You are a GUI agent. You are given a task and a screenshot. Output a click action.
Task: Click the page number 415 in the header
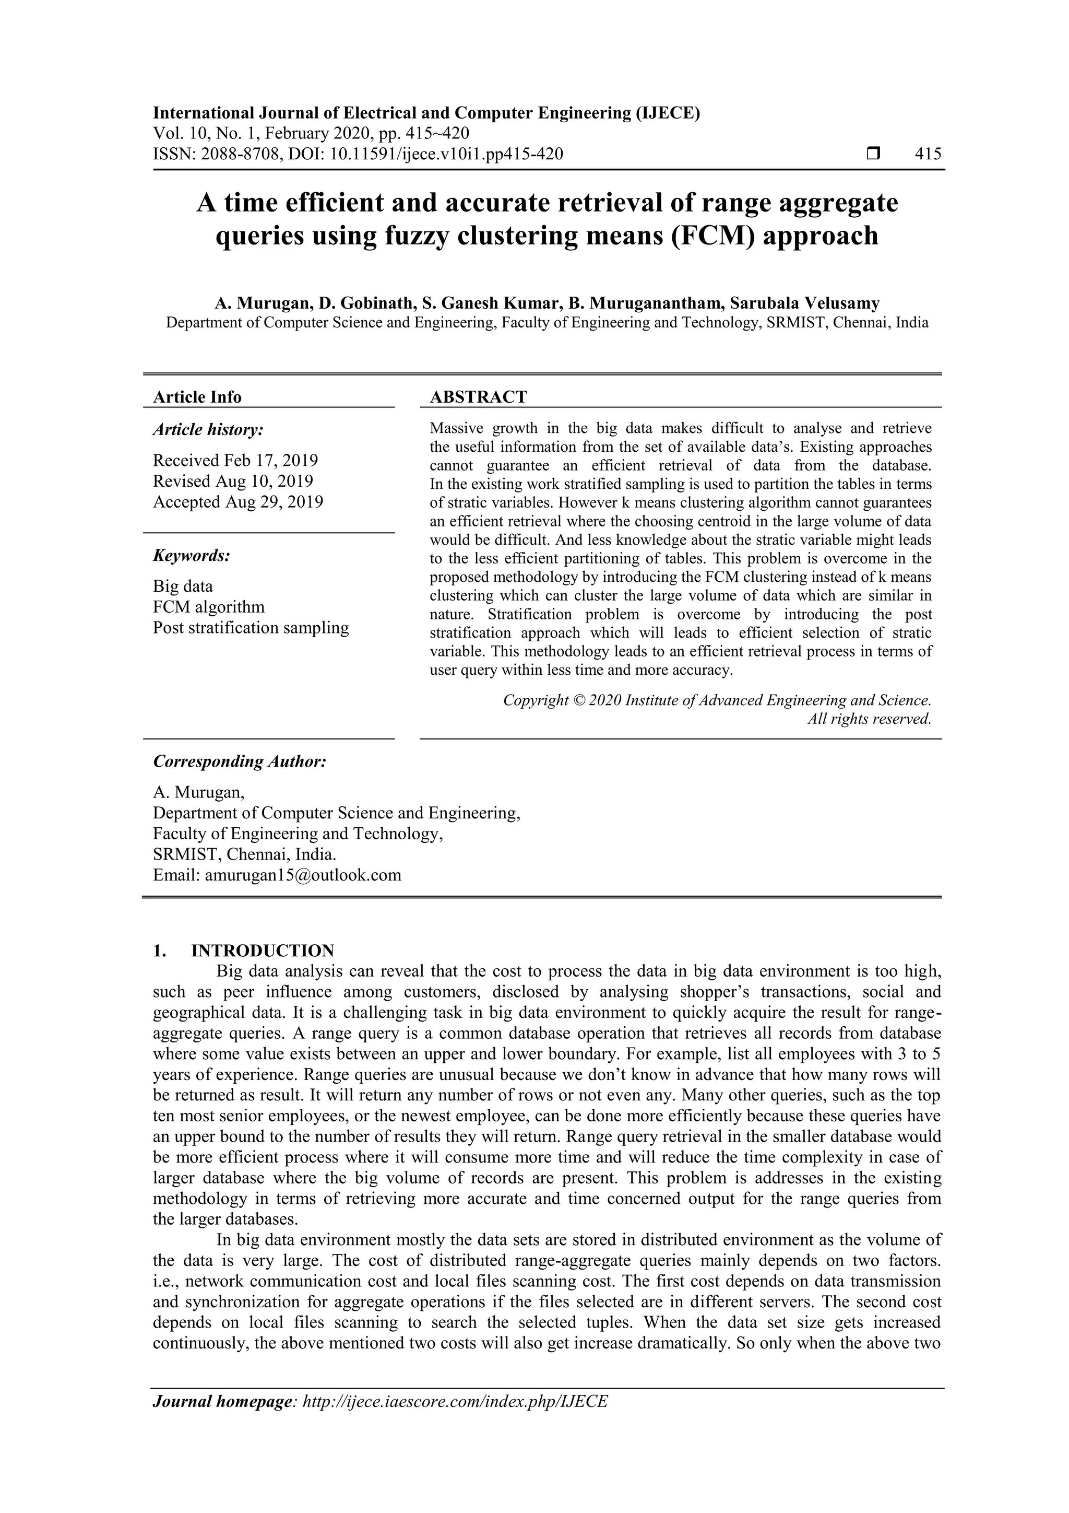928,154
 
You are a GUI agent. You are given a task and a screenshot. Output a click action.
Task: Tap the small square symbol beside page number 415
873,154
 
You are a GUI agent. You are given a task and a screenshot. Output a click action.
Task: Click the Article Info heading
197,397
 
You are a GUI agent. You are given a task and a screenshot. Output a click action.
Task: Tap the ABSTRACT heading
478,397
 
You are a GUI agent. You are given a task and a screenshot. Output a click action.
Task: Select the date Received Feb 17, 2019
235,460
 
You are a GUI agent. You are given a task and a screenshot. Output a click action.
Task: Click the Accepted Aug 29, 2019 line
238,502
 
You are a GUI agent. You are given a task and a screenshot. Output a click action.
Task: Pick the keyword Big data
183,586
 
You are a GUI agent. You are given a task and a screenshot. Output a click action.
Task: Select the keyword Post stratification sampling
251,627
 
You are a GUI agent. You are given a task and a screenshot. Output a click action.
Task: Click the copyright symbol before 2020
578,700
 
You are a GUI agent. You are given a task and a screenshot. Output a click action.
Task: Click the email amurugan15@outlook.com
303,875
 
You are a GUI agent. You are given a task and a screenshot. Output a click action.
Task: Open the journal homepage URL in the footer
455,1401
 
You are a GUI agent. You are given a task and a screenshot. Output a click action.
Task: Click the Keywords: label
192,556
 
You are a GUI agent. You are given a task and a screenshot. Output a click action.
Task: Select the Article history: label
208,430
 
